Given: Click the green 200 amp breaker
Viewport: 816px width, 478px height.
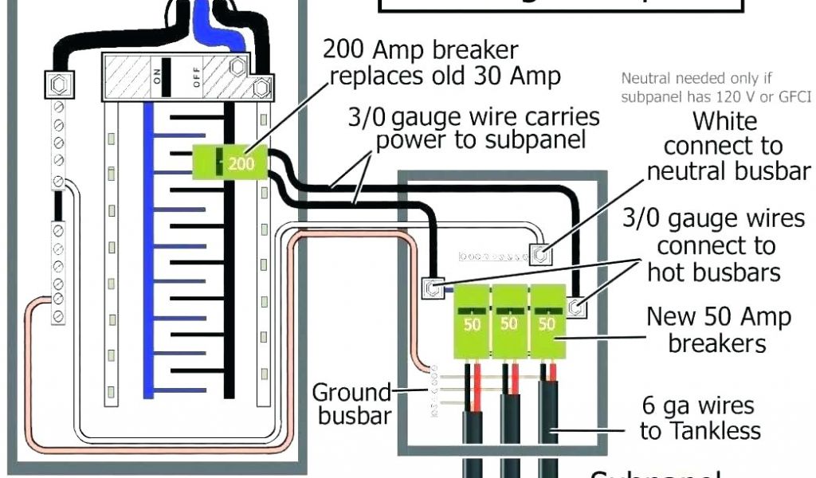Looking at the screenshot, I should (230, 163).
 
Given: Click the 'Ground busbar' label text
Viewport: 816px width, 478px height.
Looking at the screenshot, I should (351, 404).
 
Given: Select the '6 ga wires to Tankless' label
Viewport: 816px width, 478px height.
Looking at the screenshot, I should (700, 418).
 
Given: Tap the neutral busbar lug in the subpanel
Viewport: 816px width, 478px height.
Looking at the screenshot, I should (540, 254).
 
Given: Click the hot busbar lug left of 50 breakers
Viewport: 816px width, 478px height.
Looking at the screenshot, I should (431, 287).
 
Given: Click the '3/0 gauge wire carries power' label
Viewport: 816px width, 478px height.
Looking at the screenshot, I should (473, 129).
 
